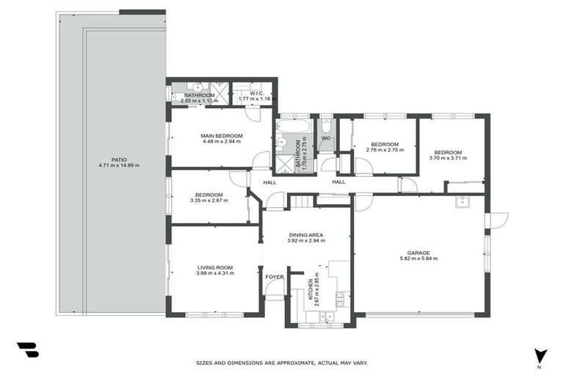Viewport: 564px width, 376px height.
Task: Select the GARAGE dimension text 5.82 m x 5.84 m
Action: click(419, 259)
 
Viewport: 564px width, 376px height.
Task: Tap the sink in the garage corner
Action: click(462, 203)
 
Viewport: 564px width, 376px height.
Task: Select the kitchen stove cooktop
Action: click(339, 297)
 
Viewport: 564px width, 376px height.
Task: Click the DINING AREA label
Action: click(305, 235)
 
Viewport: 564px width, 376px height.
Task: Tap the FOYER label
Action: click(275, 277)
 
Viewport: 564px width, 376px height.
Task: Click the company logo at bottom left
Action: click(27, 351)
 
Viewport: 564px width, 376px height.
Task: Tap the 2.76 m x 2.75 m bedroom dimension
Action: click(384, 151)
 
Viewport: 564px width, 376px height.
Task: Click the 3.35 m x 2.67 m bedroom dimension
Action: click(209, 200)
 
